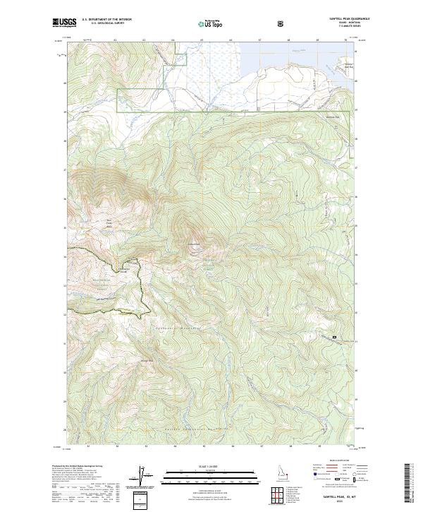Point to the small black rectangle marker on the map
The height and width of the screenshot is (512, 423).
point(335,339)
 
